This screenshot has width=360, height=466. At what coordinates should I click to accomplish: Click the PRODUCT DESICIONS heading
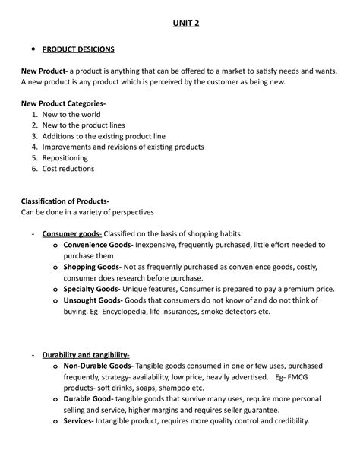click(x=78, y=50)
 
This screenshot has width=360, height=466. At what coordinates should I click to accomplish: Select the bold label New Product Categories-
click(x=63, y=103)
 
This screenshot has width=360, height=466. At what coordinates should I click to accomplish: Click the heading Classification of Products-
click(x=70, y=201)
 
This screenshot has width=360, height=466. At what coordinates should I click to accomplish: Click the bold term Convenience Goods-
click(x=98, y=246)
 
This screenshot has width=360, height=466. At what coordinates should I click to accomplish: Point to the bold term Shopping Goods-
click(x=91, y=268)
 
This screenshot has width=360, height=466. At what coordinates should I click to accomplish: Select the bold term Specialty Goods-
click(x=92, y=290)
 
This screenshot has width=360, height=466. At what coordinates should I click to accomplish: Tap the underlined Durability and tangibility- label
click(x=86, y=355)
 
